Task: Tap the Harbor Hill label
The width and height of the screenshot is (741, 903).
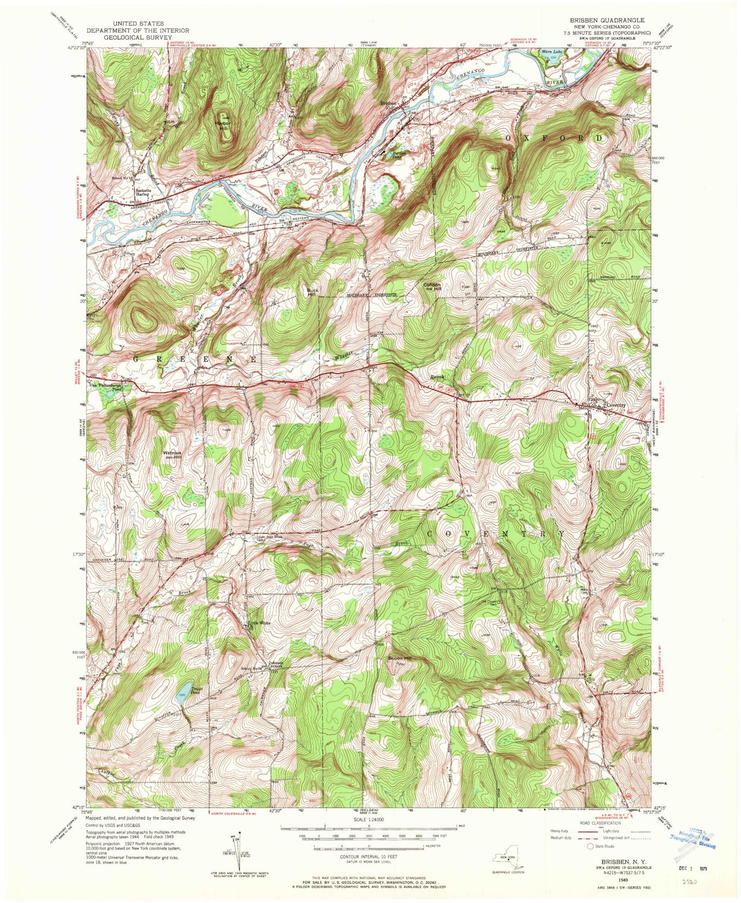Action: pyautogui.click(x=223, y=126)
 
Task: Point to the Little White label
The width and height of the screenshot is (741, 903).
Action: pyautogui.click(x=258, y=623)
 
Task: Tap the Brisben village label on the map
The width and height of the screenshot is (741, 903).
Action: pyautogui.click(x=388, y=103)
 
